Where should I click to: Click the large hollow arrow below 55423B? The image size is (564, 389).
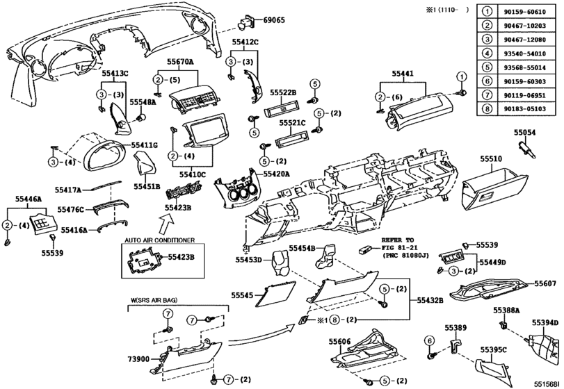[168, 224]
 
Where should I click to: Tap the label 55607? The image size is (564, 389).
[546, 284]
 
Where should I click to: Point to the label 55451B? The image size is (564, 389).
[147, 185]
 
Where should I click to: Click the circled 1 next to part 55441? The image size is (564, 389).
[460, 75]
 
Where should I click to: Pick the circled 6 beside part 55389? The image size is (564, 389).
[430, 340]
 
